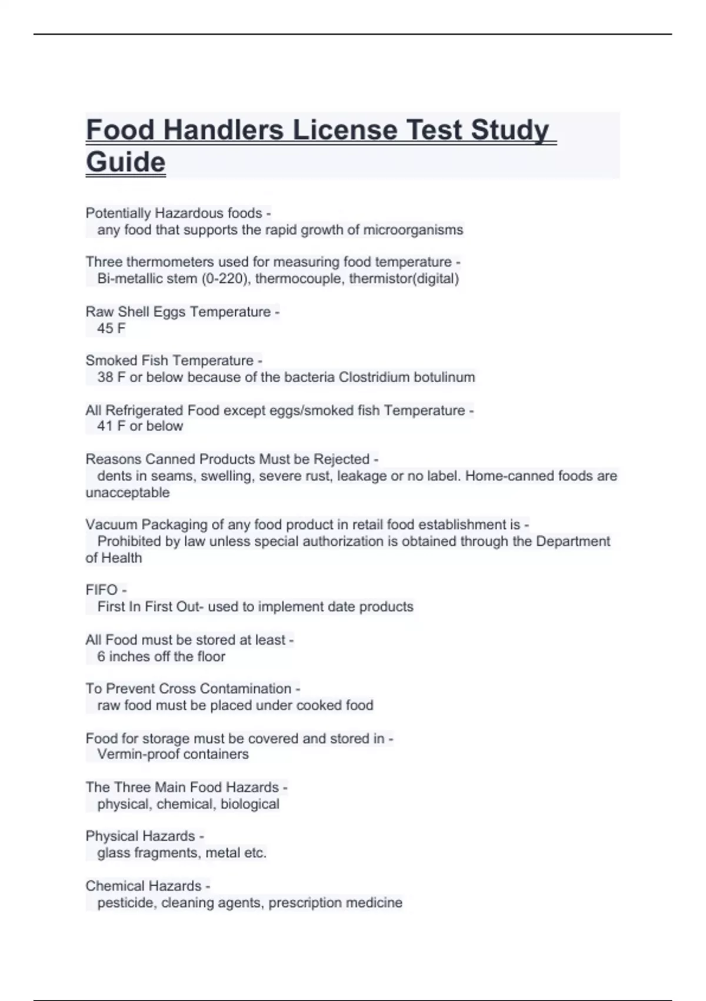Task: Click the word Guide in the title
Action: (125, 162)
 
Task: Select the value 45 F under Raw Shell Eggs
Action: (111, 329)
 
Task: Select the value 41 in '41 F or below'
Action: (105, 426)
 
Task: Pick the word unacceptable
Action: (128, 492)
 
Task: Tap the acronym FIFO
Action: (102, 590)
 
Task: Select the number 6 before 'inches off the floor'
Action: (101, 657)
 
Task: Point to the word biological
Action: (249, 804)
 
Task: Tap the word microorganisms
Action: (413, 230)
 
